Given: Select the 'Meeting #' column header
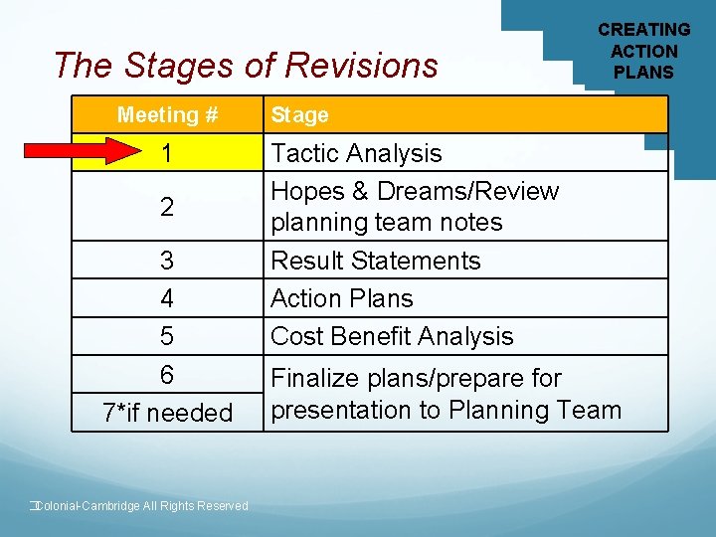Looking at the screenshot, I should click(167, 115).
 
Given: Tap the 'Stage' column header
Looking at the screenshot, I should click(299, 115).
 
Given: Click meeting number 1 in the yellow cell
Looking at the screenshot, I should click(167, 153).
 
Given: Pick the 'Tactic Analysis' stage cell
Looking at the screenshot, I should click(356, 153).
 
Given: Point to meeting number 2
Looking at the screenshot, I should click(167, 207).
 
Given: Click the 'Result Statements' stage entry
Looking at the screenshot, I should click(375, 261).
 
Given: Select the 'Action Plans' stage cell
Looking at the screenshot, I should click(341, 298).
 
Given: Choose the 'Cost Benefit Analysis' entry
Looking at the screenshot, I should click(392, 336).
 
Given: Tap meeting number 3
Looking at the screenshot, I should click(167, 261).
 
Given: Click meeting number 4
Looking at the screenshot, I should click(167, 298).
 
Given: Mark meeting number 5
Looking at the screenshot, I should click(167, 336).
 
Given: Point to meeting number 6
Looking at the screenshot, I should click(167, 375).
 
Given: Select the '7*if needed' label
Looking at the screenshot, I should click(167, 412).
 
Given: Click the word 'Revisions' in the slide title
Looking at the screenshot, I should click(361, 65).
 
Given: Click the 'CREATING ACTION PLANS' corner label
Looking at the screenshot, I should click(643, 51).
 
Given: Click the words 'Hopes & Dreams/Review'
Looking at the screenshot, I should click(415, 191).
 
